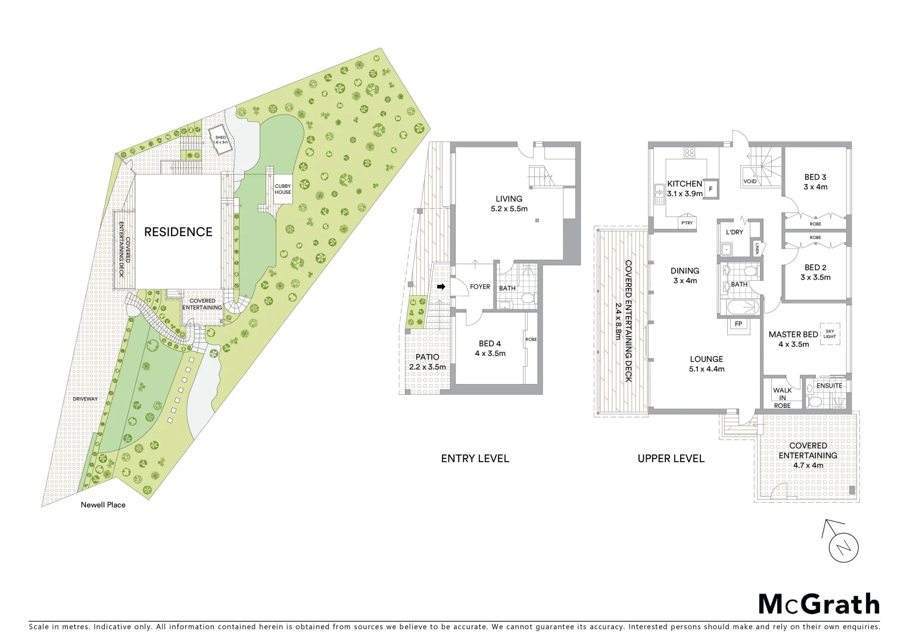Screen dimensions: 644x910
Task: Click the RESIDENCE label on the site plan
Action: click(x=178, y=232)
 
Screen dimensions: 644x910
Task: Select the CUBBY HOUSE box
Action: click(x=283, y=189)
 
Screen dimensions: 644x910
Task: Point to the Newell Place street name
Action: click(x=103, y=504)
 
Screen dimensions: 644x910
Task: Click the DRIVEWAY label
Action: click(x=85, y=399)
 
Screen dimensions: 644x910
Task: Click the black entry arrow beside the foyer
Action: click(x=441, y=287)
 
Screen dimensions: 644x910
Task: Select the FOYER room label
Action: click(x=480, y=287)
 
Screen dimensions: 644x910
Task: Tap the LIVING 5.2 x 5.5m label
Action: click(x=509, y=203)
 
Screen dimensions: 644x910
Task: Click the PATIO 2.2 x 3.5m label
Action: click(x=427, y=362)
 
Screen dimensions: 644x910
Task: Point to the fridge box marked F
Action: click(x=710, y=189)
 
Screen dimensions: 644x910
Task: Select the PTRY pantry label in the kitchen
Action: click(x=687, y=223)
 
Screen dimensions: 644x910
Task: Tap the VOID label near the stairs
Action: click(x=750, y=181)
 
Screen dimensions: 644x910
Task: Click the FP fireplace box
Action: click(x=738, y=324)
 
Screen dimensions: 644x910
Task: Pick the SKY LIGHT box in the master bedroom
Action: click(x=830, y=334)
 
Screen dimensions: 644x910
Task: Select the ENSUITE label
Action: click(x=829, y=386)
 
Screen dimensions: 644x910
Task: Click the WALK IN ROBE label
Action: click(x=782, y=398)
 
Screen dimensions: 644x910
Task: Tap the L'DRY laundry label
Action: click(x=734, y=232)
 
